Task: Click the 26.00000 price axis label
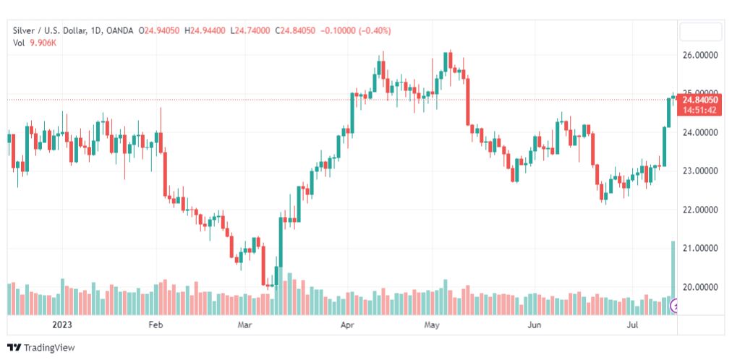point(700,55)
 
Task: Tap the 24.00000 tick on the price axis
point(700,132)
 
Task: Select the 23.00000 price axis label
point(700,171)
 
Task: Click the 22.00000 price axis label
point(700,210)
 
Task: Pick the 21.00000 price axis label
point(700,248)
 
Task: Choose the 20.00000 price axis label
point(700,287)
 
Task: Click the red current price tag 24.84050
point(699,100)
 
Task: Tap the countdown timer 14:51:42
point(699,110)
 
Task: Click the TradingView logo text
point(48,348)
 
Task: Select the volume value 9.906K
point(43,43)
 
